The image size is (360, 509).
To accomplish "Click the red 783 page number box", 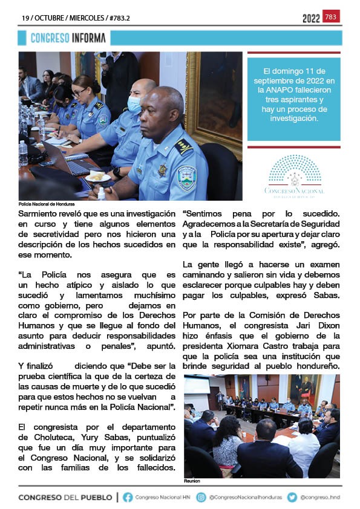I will [331, 17].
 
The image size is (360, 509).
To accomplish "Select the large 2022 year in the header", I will [311, 19].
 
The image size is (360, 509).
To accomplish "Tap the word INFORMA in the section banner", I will [88, 38].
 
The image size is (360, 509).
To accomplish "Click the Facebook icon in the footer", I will [128, 498].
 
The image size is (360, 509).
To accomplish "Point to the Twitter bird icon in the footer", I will [292, 498].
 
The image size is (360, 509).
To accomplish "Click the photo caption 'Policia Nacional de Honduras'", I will [47, 204].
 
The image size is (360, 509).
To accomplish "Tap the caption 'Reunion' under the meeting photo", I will [192, 481].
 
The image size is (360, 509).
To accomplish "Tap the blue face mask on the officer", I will [134, 105].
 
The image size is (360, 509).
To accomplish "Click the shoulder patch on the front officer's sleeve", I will [187, 178].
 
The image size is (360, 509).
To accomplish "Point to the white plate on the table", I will [97, 177].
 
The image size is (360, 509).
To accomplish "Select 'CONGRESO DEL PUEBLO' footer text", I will [65, 498].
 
